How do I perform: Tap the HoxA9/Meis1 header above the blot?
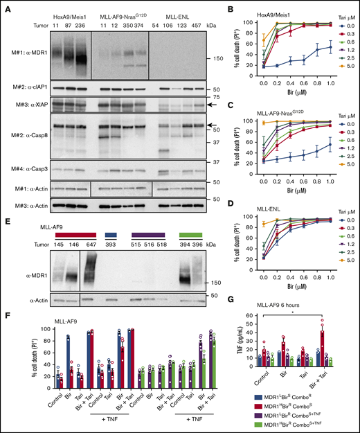(69, 14)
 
